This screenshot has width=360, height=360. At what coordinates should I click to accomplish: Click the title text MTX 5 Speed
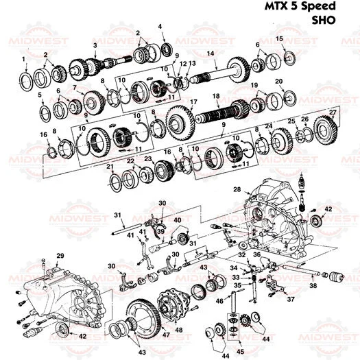(x=300, y=7)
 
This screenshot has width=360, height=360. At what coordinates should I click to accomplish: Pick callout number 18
(x=215, y=96)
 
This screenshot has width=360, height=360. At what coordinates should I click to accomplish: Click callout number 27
(x=333, y=111)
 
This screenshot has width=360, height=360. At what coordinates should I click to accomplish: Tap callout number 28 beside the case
(x=237, y=189)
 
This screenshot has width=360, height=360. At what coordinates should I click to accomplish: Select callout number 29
(x=60, y=256)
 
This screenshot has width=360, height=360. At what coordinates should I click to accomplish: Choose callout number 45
(x=239, y=352)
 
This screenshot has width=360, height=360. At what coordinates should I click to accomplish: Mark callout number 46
(x=219, y=300)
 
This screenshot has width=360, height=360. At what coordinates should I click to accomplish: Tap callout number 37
(x=291, y=299)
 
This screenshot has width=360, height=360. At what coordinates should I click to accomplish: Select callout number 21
(x=110, y=167)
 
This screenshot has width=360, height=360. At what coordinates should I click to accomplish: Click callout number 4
(x=161, y=26)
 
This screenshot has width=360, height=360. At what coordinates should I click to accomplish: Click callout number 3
(x=95, y=45)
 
